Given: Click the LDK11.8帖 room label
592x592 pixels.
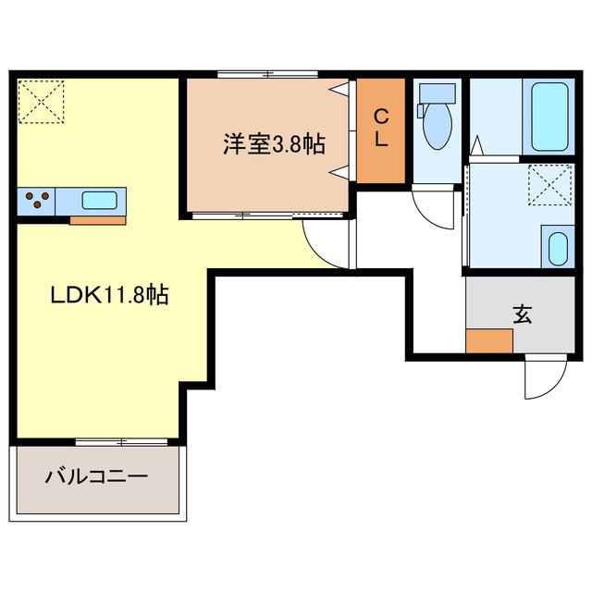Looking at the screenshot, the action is coord(109,295).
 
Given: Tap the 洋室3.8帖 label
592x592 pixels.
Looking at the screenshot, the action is coord(274,144).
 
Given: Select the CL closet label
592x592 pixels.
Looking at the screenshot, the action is coord(381,128).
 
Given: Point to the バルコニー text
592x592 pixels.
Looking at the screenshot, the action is coord(96,477).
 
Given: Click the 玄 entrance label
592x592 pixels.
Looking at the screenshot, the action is coord(523,314).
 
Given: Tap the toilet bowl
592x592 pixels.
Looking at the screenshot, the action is coord(438,126).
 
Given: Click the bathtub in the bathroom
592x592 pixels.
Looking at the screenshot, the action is coord(549,117).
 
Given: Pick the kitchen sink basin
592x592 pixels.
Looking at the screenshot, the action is coord(99,201).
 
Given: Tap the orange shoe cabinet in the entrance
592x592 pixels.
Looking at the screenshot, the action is coord(489,341).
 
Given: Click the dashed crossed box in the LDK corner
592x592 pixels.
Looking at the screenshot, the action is coord(41,101).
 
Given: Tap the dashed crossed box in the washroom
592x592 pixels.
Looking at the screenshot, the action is coord(550,185).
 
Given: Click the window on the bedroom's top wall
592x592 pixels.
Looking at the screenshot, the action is coord(267,74).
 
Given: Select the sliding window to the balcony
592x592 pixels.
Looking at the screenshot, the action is coord(121,442).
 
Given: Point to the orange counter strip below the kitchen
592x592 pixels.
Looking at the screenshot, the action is coord(97,220).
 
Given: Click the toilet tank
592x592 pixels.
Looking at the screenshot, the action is coord(438,93).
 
